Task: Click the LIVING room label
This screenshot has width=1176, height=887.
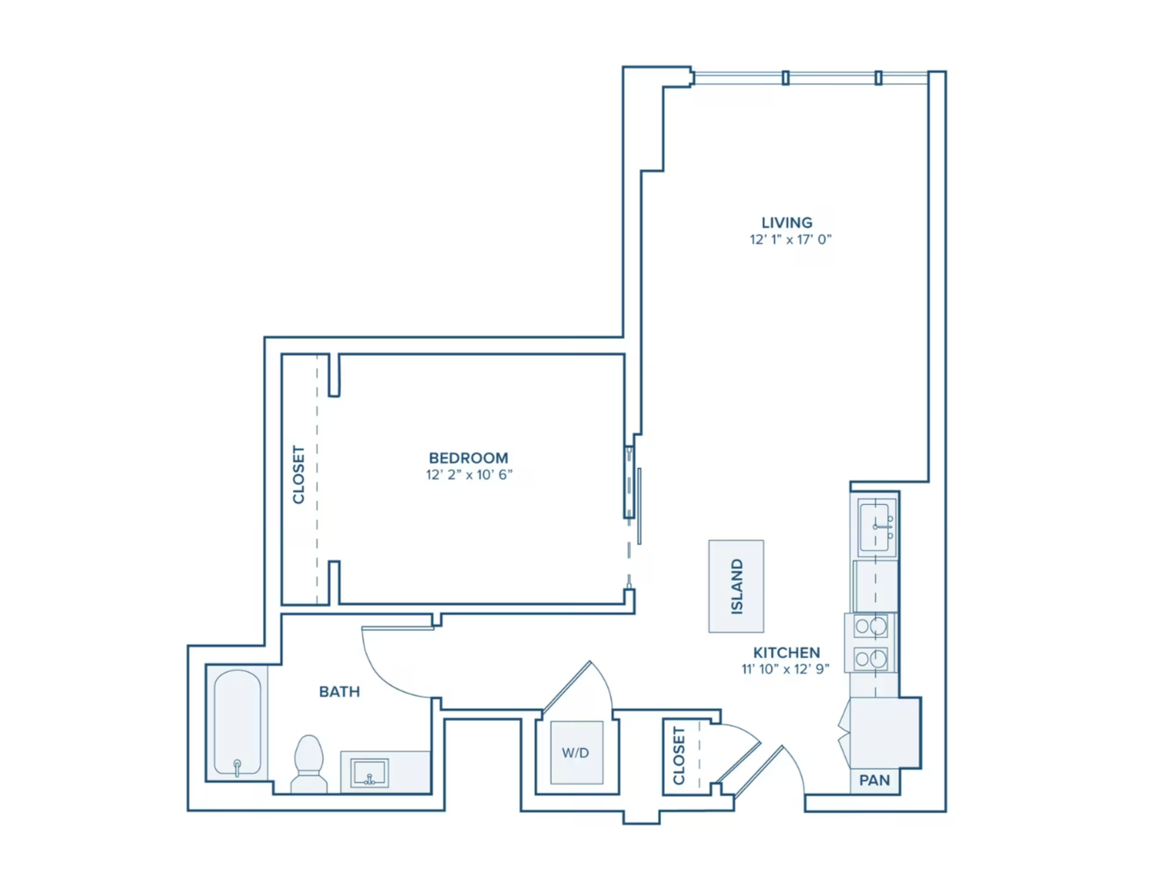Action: pyautogui.click(x=786, y=222)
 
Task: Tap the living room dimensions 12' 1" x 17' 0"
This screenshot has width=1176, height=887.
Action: pyautogui.click(x=790, y=240)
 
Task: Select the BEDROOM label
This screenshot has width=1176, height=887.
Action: pyautogui.click(x=468, y=457)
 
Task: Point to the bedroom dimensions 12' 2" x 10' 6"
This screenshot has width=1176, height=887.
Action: pyautogui.click(x=469, y=475)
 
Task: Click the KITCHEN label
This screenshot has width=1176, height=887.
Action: pyautogui.click(x=786, y=652)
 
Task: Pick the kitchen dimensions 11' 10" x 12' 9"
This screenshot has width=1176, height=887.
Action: pyautogui.click(x=785, y=669)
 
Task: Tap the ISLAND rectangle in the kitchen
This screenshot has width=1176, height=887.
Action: pyautogui.click(x=736, y=586)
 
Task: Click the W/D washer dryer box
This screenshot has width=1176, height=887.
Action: pyautogui.click(x=576, y=752)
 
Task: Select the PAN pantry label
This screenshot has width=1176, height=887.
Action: pyautogui.click(x=874, y=780)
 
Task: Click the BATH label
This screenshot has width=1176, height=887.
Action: pyautogui.click(x=339, y=692)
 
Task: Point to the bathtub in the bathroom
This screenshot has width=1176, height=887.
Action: pyautogui.click(x=237, y=723)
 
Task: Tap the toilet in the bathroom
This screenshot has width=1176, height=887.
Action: pyautogui.click(x=309, y=763)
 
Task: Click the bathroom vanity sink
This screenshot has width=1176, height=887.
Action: pyautogui.click(x=369, y=772)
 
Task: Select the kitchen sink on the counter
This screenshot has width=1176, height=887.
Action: pyautogui.click(x=876, y=527)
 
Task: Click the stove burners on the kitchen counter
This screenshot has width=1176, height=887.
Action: pyautogui.click(x=871, y=643)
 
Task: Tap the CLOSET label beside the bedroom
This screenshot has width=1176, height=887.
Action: pyautogui.click(x=298, y=475)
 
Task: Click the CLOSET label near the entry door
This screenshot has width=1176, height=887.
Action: pyautogui.click(x=679, y=756)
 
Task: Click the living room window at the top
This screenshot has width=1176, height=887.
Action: pyautogui.click(x=811, y=78)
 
